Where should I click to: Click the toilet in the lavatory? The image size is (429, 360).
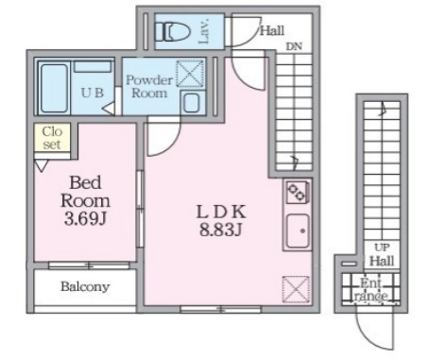(x=173, y=31)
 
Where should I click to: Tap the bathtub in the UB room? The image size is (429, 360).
(x=54, y=88)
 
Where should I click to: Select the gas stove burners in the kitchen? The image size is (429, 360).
(x=297, y=192)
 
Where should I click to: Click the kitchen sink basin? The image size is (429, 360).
(x=298, y=231)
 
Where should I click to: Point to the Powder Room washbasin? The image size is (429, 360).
(x=191, y=102)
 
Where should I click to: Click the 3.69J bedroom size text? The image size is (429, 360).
(x=84, y=219)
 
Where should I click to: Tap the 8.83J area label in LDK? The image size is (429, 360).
(x=220, y=230)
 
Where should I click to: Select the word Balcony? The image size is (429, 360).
(x=85, y=286)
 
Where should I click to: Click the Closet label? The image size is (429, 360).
(x=52, y=138)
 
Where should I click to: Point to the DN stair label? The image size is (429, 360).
(x=294, y=46)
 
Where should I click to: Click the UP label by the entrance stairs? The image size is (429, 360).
(x=382, y=248)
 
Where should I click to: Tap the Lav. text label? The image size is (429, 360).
(x=203, y=31)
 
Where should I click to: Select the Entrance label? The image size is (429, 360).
(x=370, y=290)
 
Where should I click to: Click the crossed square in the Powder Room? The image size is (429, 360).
(x=190, y=74)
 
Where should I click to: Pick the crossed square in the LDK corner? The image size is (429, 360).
(x=296, y=289)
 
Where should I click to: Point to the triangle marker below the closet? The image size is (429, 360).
(x=41, y=165)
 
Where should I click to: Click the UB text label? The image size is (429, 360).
(x=92, y=93)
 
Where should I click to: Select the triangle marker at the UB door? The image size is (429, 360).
(x=109, y=109)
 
